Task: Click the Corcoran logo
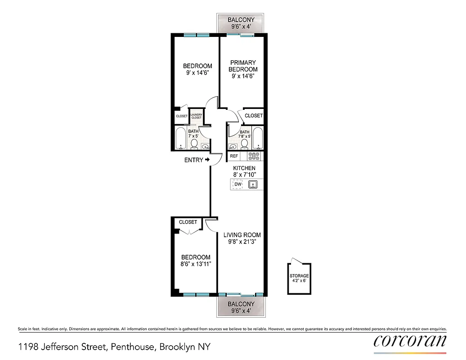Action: [410, 341]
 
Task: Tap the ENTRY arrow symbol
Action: [207, 160]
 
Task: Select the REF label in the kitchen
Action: [234, 157]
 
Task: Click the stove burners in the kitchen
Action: [254, 157]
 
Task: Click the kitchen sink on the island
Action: [253, 184]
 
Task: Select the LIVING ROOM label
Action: [242, 235]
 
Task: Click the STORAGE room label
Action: [299, 276]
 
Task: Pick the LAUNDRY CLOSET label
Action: [196, 116]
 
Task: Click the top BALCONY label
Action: [241, 20]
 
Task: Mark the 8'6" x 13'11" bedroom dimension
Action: [196, 265]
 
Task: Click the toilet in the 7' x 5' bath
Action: [194, 144]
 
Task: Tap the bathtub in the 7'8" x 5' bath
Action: [258, 139]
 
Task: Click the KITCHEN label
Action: [244, 168]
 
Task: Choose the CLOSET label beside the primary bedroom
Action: [254, 116]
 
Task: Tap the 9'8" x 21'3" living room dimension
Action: [242, 242]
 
